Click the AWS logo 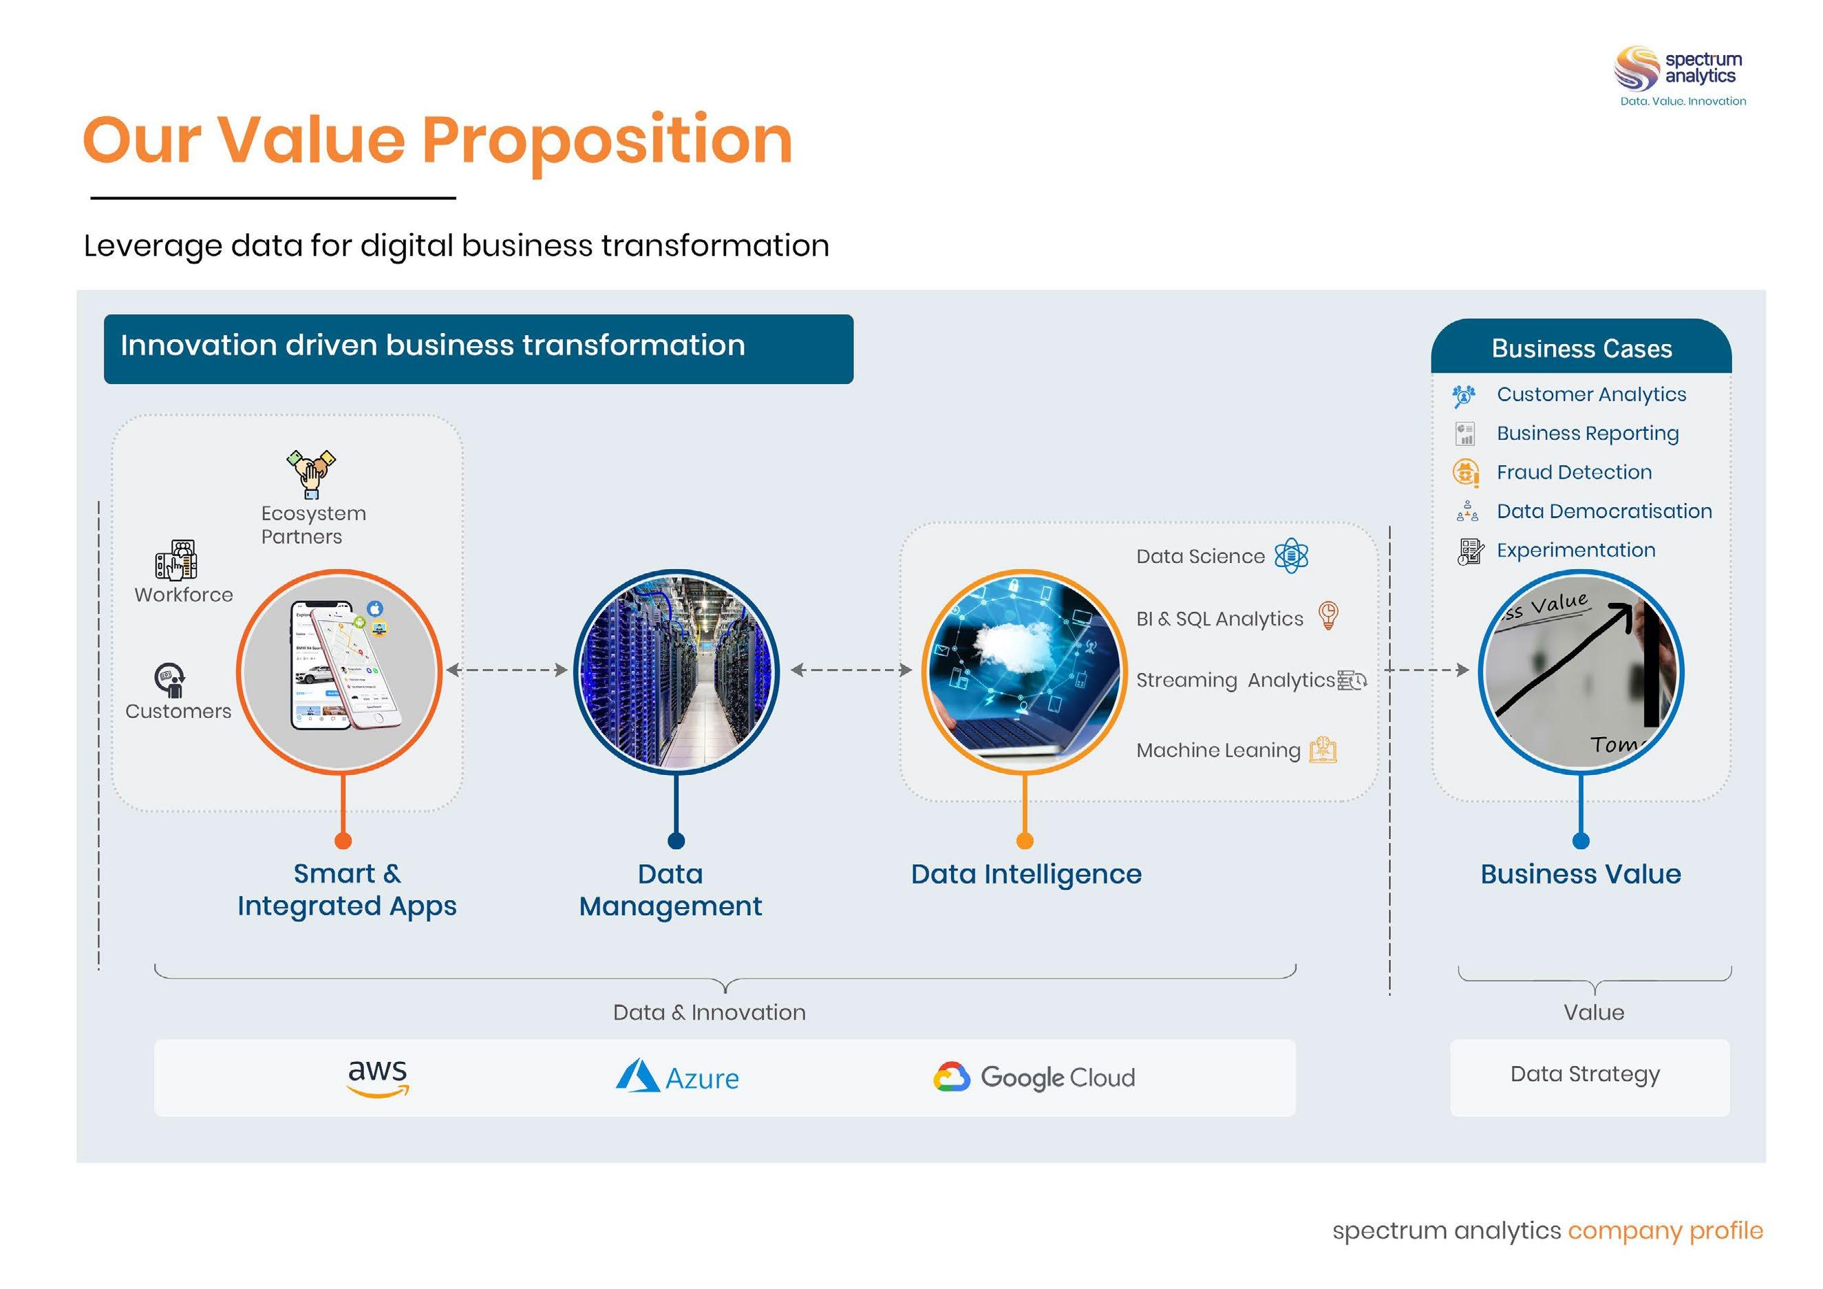coord(378,1078)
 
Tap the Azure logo coord(677,1077)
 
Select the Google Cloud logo coord(1034,1077)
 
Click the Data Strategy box coord(1589,1077)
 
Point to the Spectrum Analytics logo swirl coord(1636,68)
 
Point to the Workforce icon coord(176,561)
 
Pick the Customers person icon coord(170,680)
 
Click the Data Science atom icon coord(1291,555)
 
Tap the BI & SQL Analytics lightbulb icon coord(1328,615)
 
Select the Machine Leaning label coord(1218,751)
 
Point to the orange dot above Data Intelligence coord(1025,841)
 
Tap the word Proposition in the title coord(606,140)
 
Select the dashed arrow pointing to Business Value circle coord(1429,670)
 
